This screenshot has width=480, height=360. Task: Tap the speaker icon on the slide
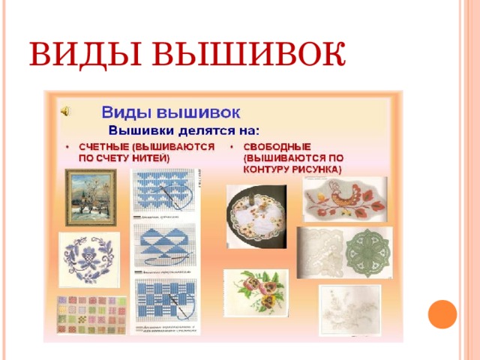(x=65, y=111)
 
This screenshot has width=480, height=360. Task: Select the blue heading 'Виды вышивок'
(x=171, y=112)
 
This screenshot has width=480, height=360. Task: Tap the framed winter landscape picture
(x=90, y=197)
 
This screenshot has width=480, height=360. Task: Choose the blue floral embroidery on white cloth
(x=88, y=259)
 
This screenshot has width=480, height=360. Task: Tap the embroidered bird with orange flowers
(x=345, y=199)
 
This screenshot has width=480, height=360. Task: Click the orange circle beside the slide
(x=442, y=314)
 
